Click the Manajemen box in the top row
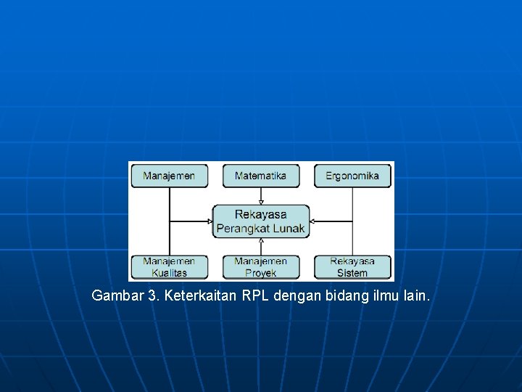pos(169,176)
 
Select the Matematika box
pos(260,176)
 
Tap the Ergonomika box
pos(352,176)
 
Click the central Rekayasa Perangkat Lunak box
pos(261,221)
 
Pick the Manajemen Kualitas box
pos(169,266)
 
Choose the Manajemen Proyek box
pos(260,266)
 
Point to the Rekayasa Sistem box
pos(352,266)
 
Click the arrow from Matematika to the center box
pos(261,195)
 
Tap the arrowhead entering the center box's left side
pos(210,221)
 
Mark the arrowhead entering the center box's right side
pos(312,221)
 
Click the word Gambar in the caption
pos(117,296)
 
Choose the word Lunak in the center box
pos(288,228)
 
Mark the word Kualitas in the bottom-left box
pos(169,273)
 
